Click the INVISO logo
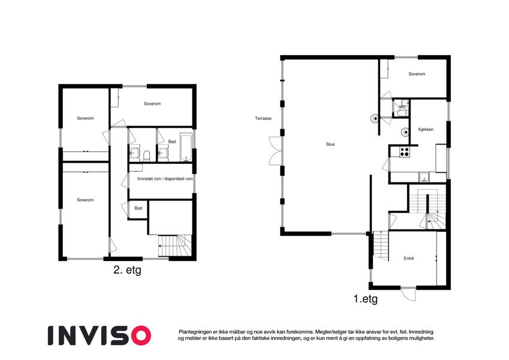(x=100, y=335)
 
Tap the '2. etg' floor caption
(x=127, y=269)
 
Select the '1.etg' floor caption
(x=366, y=299)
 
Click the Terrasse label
(x=263, y=119)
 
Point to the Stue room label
(x=330, y=144)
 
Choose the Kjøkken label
(x=426, y=130)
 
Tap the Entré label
(x=409, y=259)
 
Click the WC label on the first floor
(x=402, y=107)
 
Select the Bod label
(x=138, y=208)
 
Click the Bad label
(x=172, y=142)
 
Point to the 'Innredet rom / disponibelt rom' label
(x=165, y=179)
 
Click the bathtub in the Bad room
(x=186, y=147)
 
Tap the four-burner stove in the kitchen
(x=405, y=152)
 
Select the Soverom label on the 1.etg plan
(x=417, y=74)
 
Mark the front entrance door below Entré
(x=408, y=294)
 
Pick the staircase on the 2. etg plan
(x=174, y=246)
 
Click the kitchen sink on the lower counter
(x=424, y=177)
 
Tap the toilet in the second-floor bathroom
(x=146, y=155)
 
